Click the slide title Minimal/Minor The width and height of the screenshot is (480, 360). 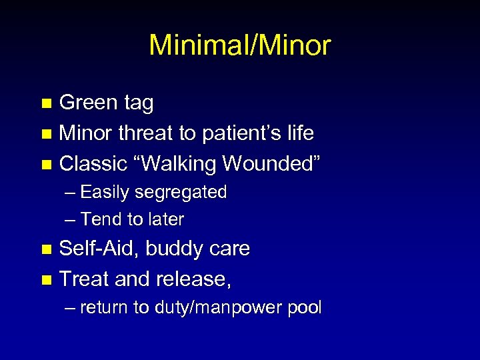(x=240, y=45)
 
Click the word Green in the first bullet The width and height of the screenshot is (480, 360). (x=88, y=103)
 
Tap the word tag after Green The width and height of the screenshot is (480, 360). (x=138, y=104)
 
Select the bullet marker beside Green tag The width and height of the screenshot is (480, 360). (x=46, y=104)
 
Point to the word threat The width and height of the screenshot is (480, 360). (x=146, y=133)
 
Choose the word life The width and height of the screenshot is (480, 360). (x=299, y=133)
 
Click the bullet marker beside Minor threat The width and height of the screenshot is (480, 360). (x=46, y=134)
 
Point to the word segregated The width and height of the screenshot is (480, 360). (x=181, y=193)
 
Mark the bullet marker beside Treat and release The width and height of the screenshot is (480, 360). (x=46, y=279)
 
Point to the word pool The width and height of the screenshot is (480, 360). (x=305, y=308)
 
